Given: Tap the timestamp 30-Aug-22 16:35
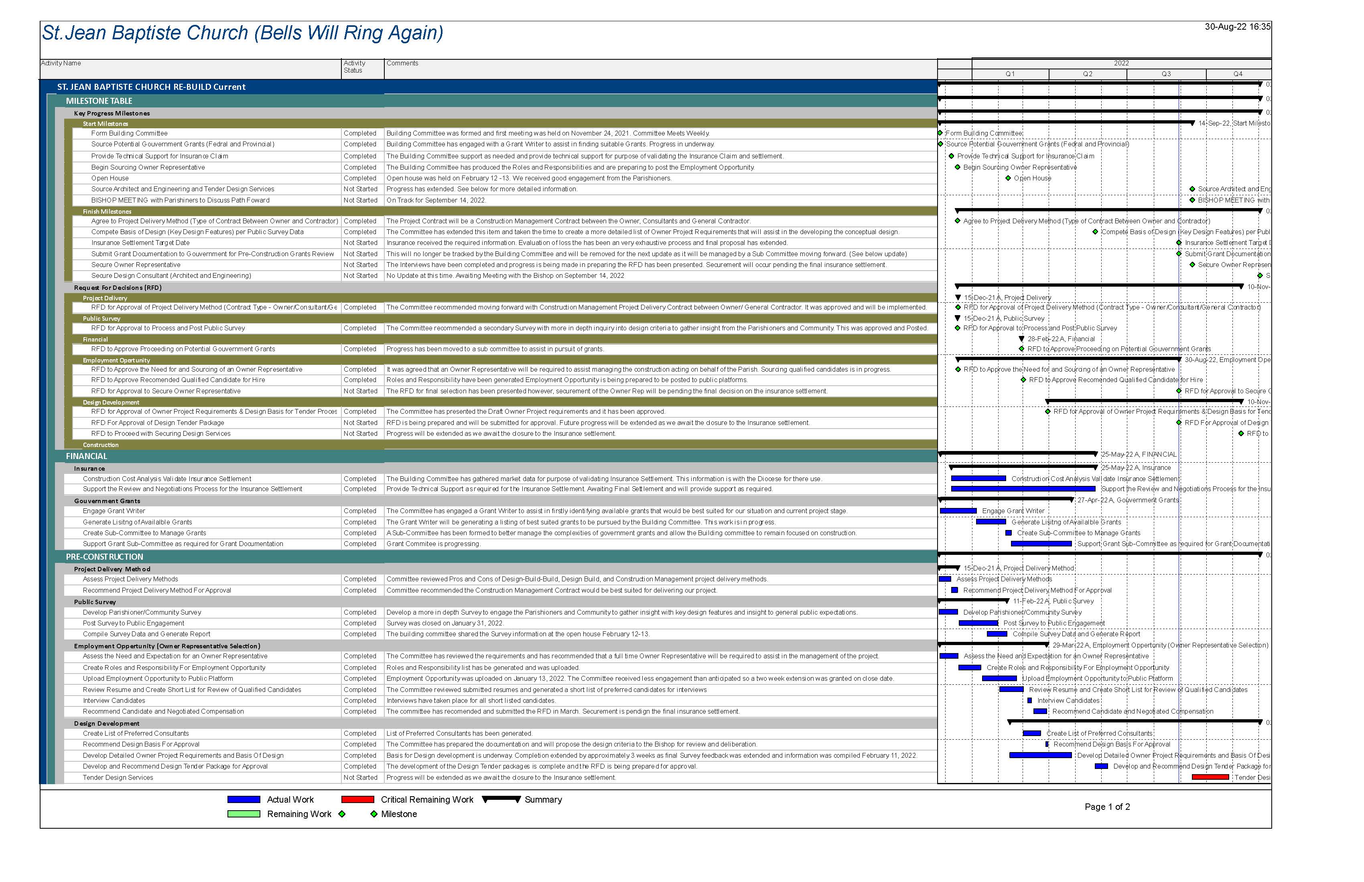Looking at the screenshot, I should coord(1237,27).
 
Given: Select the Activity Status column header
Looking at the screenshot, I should coord(354,67).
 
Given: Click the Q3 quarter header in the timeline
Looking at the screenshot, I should coord(1166,74).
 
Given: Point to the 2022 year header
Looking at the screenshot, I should coord(1120,63).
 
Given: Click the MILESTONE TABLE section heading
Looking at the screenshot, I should coord(99,101).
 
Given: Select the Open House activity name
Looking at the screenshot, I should coord(110,178).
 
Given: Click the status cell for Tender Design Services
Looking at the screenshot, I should coord(360,778).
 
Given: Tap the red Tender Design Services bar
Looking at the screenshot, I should coord(1210,777).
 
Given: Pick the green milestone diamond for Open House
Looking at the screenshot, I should coord(1008,178).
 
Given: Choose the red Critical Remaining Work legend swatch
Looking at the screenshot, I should coord(357,799).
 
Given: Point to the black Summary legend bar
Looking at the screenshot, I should coord(501,799).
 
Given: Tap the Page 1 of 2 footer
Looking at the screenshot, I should coord(1107,807).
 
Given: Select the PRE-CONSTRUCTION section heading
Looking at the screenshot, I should coord(104,557).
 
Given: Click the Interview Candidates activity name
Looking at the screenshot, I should coord(114,700).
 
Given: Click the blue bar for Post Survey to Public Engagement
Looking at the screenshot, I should coord(978,623).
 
